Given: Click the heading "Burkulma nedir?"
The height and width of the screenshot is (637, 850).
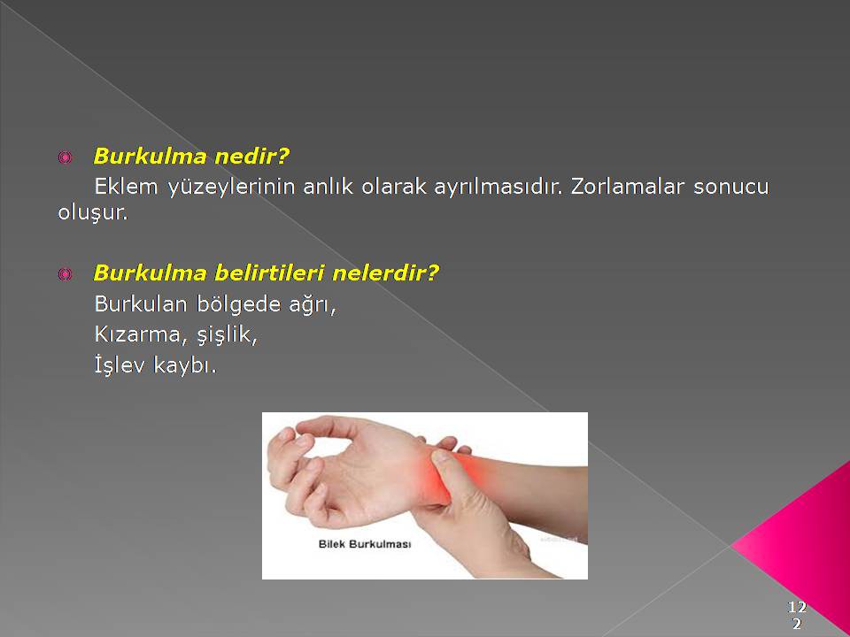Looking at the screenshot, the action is [x=191, y=157].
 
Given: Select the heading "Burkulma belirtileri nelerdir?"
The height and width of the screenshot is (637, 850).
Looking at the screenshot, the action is [x=266, y=273].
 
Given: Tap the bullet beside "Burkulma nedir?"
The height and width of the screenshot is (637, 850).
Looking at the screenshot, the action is [x=65, y=157].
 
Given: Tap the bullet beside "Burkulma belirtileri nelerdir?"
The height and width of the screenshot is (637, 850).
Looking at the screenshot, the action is [x=65, y=274].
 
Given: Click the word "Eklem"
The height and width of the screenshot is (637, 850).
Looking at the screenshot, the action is [x=127, y=187].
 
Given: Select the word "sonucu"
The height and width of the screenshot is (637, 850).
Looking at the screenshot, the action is [x=730, y=188].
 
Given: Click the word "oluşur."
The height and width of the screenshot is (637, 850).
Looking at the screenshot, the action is [x=93, y=212].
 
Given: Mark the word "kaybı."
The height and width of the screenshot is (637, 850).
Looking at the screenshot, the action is [x=185, y=366].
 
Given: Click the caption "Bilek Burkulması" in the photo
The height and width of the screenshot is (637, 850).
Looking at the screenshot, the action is [x=364, y=544].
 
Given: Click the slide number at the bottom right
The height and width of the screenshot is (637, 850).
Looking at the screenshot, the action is [x=797, y=615].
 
